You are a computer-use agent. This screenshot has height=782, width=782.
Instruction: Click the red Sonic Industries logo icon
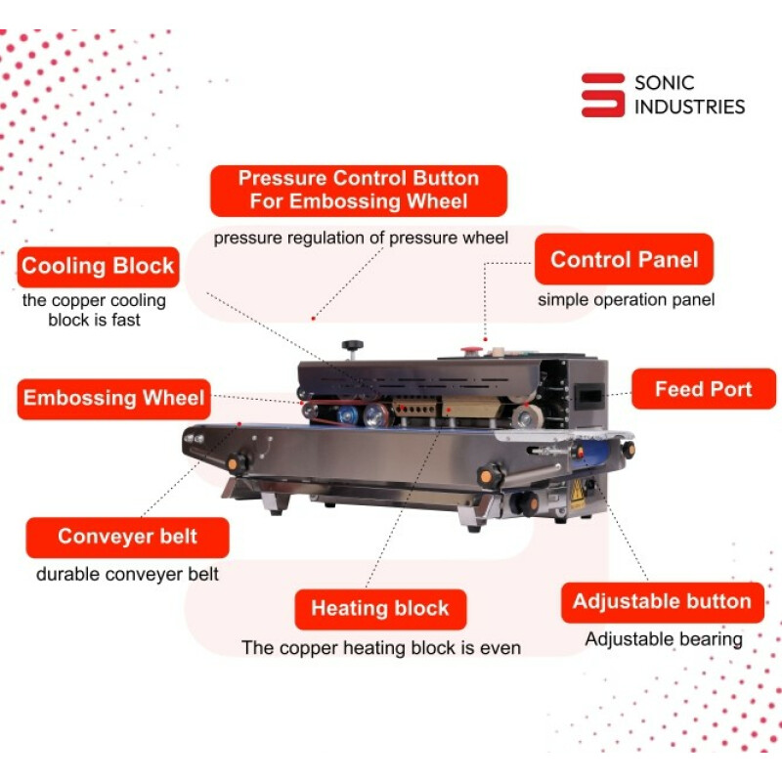602,95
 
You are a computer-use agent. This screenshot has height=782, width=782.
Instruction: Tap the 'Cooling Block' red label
99,267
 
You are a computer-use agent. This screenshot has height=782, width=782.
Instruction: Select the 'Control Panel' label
624,259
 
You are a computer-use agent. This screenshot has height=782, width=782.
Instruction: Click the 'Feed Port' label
704,389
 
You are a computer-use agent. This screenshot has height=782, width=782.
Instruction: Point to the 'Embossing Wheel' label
113,399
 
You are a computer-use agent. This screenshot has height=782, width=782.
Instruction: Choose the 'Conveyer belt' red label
128,537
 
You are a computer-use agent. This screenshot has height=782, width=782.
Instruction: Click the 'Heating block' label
380,609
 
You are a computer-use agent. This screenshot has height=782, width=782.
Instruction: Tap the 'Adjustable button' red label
663,602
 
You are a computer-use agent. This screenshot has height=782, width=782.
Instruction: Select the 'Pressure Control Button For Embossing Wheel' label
359,191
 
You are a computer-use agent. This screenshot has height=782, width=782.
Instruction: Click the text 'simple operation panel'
626,300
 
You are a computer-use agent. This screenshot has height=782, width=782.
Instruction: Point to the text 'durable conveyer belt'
127,574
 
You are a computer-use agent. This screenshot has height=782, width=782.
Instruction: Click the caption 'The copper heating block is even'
381,648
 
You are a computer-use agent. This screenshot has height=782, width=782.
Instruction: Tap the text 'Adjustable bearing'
664,639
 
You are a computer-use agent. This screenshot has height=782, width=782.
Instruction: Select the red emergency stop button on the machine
471,351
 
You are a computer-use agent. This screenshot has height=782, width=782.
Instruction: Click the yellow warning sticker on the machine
578,495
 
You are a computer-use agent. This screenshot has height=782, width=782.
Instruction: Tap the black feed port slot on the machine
589,396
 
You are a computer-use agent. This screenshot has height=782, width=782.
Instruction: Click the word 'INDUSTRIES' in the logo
690,107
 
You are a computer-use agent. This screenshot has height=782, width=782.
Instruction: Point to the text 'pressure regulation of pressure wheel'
361,238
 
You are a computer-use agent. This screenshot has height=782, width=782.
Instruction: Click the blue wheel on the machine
347,414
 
